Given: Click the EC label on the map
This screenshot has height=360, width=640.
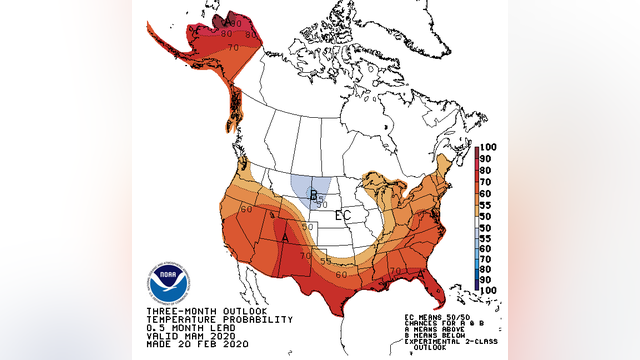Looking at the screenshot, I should pyautogui.click(x=343, y=215).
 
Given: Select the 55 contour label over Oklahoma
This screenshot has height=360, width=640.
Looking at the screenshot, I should pyautogui.click(x=325, y=260).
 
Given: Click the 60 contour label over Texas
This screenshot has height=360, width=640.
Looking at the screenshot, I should pyautogui.click(x=342, y=274).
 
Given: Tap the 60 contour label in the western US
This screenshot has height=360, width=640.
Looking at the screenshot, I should pyautogui.click(x=245, y=210).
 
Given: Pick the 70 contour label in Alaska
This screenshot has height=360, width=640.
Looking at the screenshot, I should pyautogui.click(x=233, y=47).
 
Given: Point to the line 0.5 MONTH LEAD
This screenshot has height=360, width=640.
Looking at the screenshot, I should pyautogui.click(x=179, y=327).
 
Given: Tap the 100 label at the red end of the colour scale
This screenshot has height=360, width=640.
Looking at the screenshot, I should pyautogui.click(x=487, y=148).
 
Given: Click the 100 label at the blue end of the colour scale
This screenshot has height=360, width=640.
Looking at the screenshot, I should pyautogui.click(x=487, y=289).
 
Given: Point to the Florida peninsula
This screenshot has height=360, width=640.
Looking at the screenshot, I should pyautogui.click(x=430, y=290).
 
